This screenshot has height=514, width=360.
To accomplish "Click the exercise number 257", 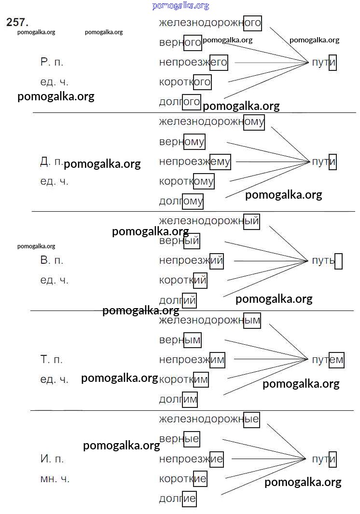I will (x=17, y=22).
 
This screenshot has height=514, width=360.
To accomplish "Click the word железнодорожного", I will (x=210, y=23).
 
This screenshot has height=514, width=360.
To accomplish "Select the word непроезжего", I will (x=193, y=62).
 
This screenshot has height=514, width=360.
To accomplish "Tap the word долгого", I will (x=180, y=102).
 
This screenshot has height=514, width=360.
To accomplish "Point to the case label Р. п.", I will (x=52, y=62).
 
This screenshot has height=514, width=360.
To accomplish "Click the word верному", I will (x=182, y=142).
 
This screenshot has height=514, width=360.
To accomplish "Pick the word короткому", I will (x=186, y=181).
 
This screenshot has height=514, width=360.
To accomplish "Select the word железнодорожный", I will (x=209, y=221).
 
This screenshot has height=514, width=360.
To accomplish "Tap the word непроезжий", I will (x=191, y=261).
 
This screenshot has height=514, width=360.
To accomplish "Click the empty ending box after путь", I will (x=338, y=261).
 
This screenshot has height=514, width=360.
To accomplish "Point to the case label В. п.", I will (x=52, y=261).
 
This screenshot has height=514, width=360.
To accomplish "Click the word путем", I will (x=328, y=360).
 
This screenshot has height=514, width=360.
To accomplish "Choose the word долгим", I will (x=178, y=399).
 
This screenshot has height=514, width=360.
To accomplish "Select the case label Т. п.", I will (x=52, y=360).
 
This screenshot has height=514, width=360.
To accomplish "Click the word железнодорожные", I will (x=209, y=419).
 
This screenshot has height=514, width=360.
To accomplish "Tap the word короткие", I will (x=183, y=479).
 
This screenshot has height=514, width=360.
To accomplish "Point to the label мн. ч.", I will (x=55, y=479).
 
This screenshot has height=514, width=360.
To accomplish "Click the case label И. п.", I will (x=52, y=459).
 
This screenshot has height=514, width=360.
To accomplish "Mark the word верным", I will (x=180, y=340).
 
